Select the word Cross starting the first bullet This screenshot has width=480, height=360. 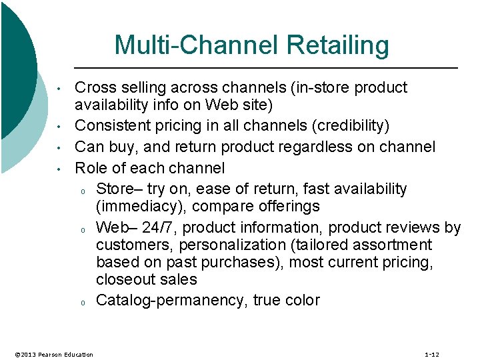click(93, 88)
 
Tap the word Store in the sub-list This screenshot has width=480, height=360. click(114, 189)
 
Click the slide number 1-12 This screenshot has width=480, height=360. click(431, 354)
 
